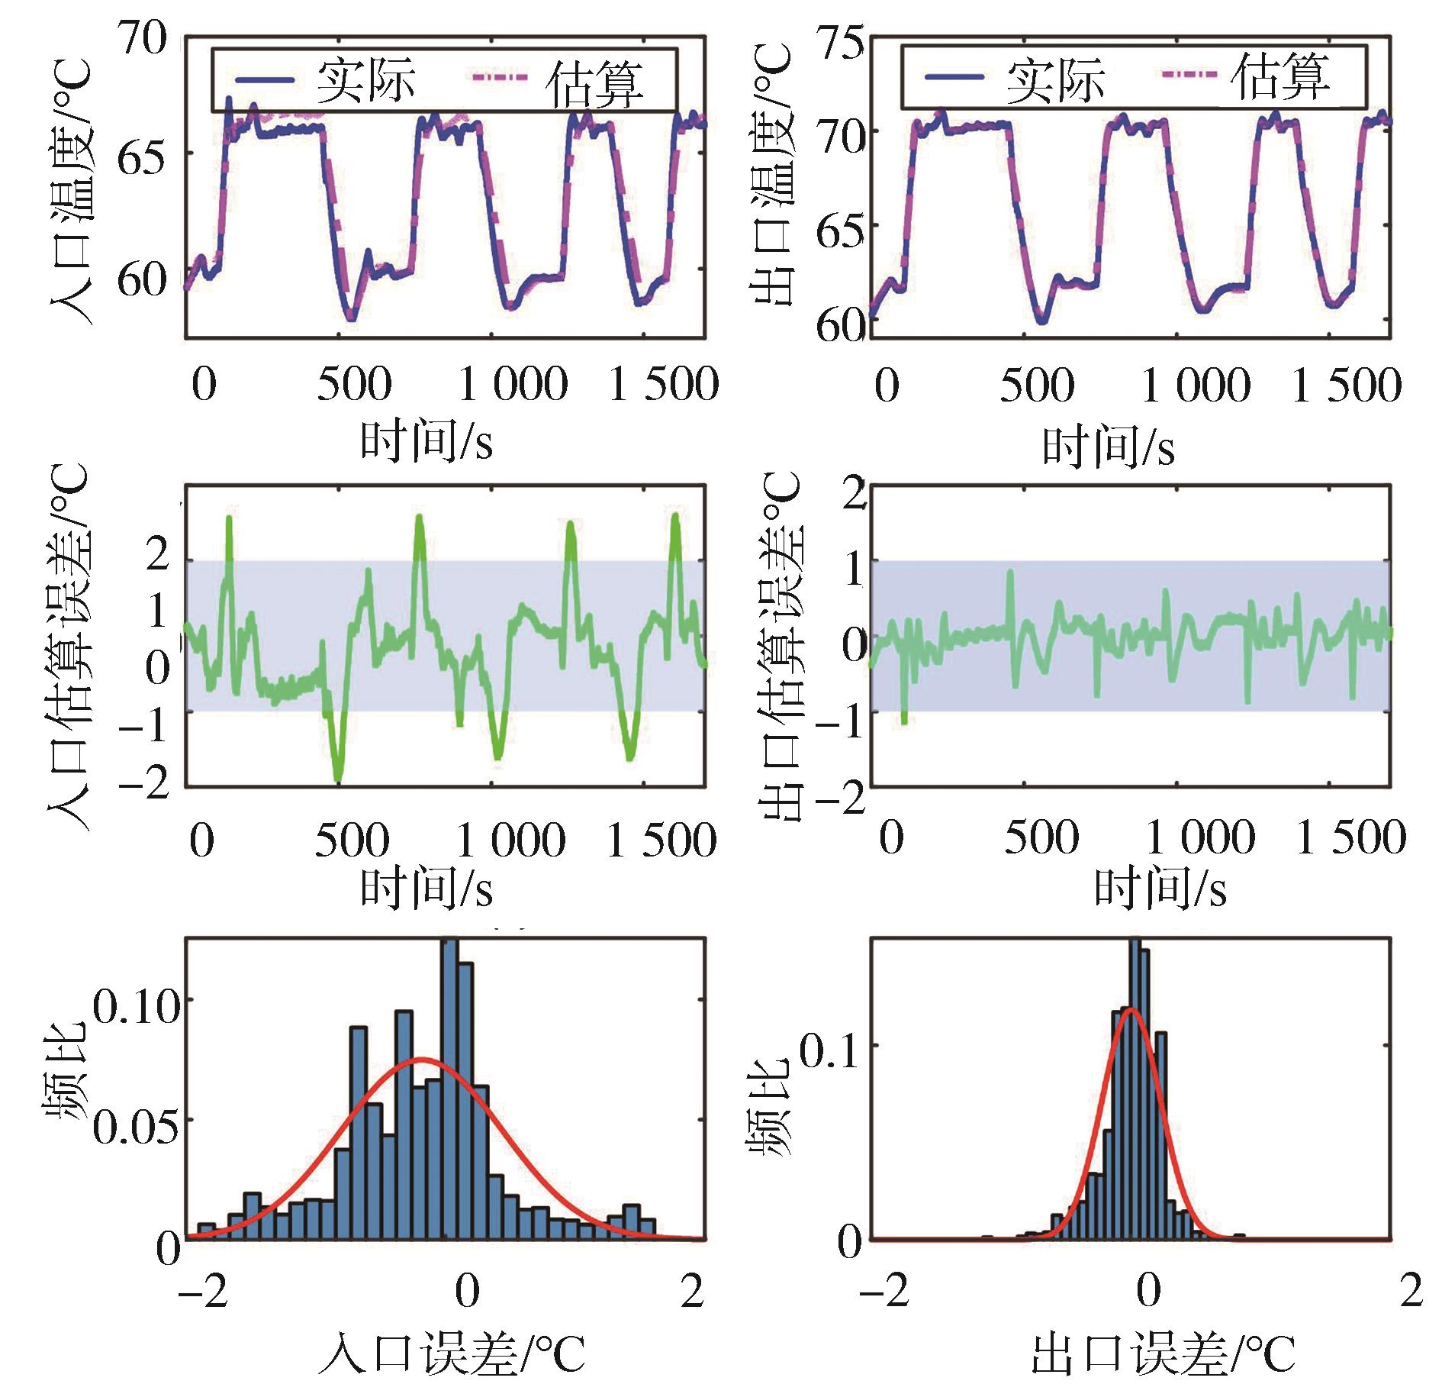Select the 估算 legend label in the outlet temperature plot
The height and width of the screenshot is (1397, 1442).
[x=1281, y=77]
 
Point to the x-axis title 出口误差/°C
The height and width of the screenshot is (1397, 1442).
[x=1163, y=1354]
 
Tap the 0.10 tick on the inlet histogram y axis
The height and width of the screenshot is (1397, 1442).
[x=137, y=1007]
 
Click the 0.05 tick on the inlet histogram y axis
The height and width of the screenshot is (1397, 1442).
[x=135, y=1126]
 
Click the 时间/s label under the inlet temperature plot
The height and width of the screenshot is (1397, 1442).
[x=426, y=441]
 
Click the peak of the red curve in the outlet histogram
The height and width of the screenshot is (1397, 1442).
[x=1131, y=1009]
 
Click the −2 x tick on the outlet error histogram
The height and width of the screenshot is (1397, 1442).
[x=884, y=1291]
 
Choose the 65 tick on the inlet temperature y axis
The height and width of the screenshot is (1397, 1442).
[x=141, y=159]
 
